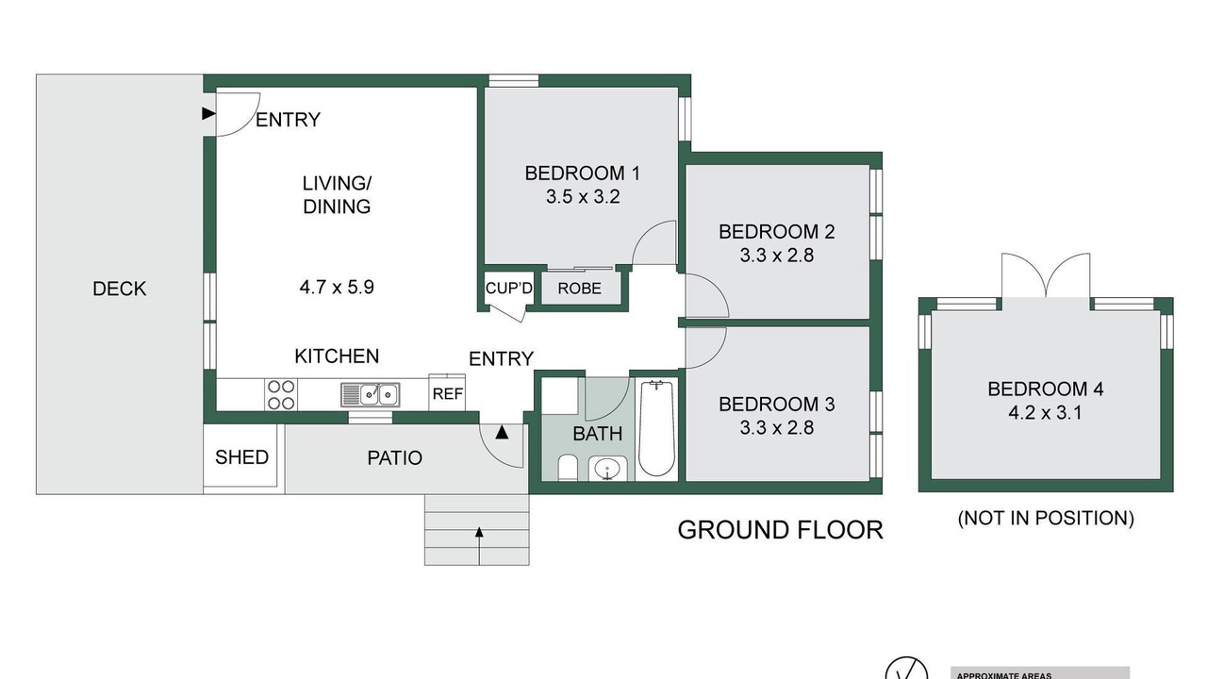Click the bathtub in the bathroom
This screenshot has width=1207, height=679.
[656, 428]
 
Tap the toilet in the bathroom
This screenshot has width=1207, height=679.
[568, 467]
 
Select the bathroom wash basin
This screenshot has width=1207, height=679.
[608, 468]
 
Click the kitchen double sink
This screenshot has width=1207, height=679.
[371, 395]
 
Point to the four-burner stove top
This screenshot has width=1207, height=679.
[281, 394]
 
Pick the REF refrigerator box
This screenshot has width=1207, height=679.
[447, 393]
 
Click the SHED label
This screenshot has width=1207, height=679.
[241, 457]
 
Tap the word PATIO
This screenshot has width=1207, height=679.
[394, 458]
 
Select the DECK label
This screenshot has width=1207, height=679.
[119, 289]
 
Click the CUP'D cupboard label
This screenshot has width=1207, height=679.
[508, 289]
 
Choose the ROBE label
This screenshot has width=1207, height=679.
[579, 289]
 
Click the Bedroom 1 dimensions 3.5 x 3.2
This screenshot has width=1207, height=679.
[583, 197]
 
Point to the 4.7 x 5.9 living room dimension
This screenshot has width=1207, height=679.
[337, 287]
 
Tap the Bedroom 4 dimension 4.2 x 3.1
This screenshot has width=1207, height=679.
[1045, 413]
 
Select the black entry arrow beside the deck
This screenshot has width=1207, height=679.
[208, 114]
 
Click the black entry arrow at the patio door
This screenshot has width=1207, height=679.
[502, 432]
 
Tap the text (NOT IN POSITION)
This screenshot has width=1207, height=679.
[1046, 518]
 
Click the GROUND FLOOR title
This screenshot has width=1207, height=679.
[780, 530]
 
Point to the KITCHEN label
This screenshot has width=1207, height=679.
[337, 356]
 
